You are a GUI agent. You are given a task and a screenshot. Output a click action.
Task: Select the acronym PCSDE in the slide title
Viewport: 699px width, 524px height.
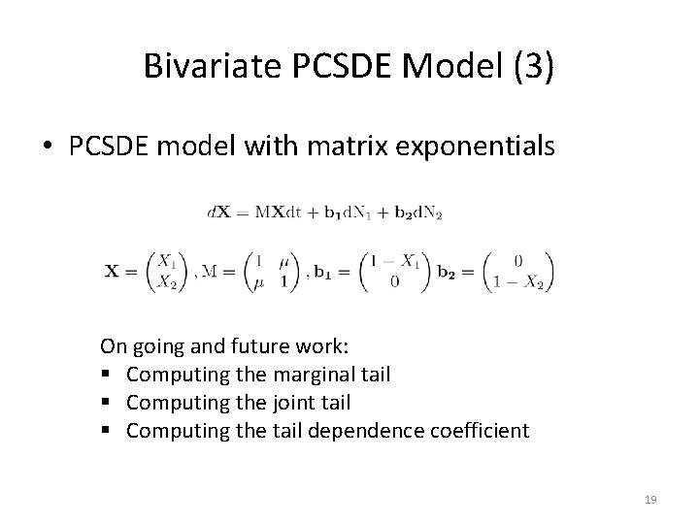pos(327,66)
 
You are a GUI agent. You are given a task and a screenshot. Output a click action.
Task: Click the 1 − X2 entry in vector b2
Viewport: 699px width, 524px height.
pos(521,281)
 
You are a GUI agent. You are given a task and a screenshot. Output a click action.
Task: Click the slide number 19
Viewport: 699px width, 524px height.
pos(650,500)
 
